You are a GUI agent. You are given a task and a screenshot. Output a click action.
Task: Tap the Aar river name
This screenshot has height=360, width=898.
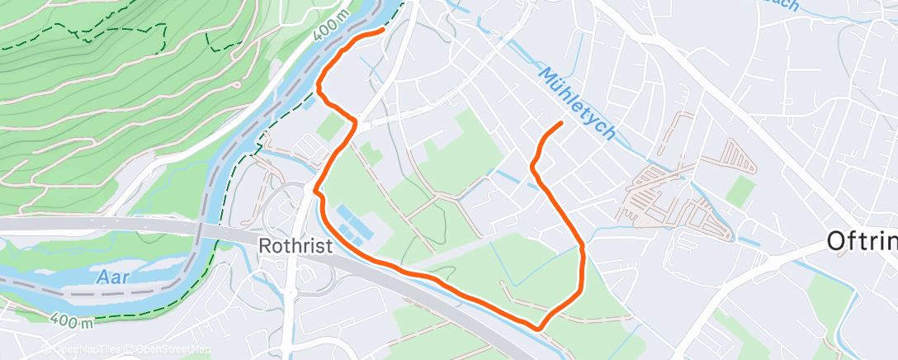pos(112,277)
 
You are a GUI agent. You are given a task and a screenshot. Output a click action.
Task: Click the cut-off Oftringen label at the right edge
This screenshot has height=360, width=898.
pos(863,241)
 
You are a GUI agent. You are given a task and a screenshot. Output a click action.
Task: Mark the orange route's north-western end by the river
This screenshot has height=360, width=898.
pos(383,30)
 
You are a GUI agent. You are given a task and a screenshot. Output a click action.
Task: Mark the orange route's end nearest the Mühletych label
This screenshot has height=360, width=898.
pos(561,123)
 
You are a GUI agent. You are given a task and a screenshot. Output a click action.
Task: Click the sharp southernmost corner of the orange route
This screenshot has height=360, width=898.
pos(539,328)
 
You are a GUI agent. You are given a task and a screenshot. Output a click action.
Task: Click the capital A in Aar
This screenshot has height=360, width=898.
pos(100,277)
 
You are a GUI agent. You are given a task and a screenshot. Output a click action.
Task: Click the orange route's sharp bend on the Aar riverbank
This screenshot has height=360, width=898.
pos(320,83)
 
